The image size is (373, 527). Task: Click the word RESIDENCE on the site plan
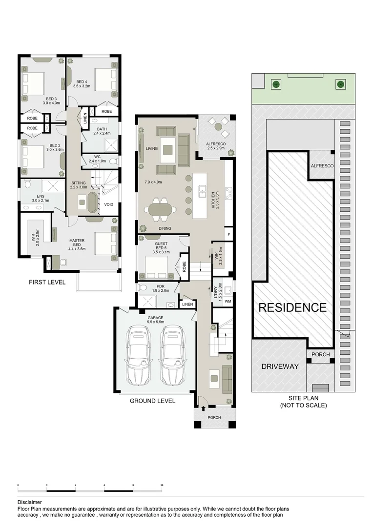point(292,307)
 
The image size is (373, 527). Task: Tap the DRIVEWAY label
point(280,366)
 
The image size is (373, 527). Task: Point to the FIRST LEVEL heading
point(47,282)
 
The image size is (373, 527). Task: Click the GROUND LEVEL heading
point(152,401)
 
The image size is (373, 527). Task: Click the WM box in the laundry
point(228,302)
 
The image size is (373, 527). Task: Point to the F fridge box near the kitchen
point(228,235)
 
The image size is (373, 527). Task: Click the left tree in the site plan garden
point(276,84)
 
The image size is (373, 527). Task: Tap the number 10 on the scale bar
point(162,486)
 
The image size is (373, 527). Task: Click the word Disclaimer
point(29,502)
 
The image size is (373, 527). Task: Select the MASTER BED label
point(77,242)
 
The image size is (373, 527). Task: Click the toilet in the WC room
point(113,161)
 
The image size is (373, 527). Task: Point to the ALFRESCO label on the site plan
point(322,166)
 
